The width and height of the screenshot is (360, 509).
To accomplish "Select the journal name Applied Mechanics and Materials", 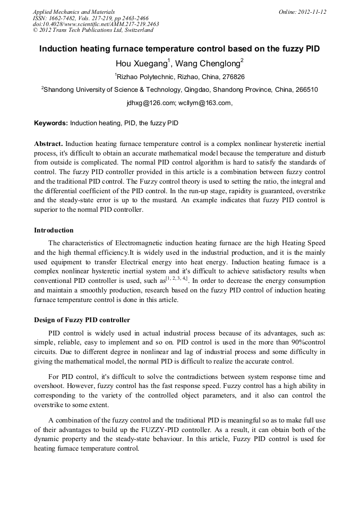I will coord(74,12).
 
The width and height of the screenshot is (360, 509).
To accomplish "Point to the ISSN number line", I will coord(91,18).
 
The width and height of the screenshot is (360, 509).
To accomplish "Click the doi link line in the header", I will coord(96,24).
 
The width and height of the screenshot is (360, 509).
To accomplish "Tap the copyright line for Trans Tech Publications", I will coord(93,30).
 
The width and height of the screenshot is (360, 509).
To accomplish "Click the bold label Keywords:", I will coord(51,123).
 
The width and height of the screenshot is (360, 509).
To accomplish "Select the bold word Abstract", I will coord(48,144).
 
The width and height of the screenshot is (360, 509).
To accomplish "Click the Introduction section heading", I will coord(54,230).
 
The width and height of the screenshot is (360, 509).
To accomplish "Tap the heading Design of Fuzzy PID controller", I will coord(82,320).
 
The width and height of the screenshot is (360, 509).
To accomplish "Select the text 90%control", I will coord(305,342).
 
